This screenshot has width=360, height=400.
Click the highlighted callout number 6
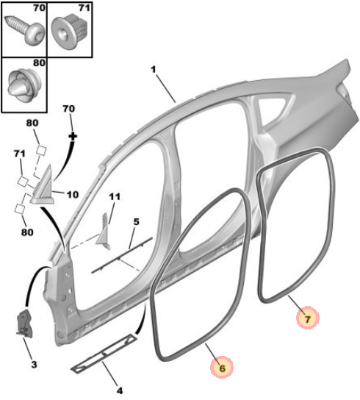tap(222, 368)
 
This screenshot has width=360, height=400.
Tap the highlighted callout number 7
tap(308, 319)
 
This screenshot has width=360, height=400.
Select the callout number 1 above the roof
tap(154, 69)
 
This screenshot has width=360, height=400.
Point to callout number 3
tap(35, 364)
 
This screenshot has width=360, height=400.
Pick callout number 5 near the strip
tap(137, 221)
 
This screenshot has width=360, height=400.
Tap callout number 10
tap(73, 195)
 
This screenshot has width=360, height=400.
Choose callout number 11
tap(115, 196)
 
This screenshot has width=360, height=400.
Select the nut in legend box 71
tap(70, 30)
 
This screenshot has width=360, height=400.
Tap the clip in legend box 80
tap(24, 84)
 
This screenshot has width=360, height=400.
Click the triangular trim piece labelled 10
tap(42, 186)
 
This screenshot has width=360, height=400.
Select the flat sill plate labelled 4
tap(104, 354)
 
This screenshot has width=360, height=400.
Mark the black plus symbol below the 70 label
tap(73, 136)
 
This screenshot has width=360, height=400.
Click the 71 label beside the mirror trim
tap(20, 154)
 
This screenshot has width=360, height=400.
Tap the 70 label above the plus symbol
tap(69, 109)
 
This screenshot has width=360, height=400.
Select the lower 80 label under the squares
tap(27, 232)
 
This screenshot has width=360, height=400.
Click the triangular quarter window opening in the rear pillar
tap(274, 107)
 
